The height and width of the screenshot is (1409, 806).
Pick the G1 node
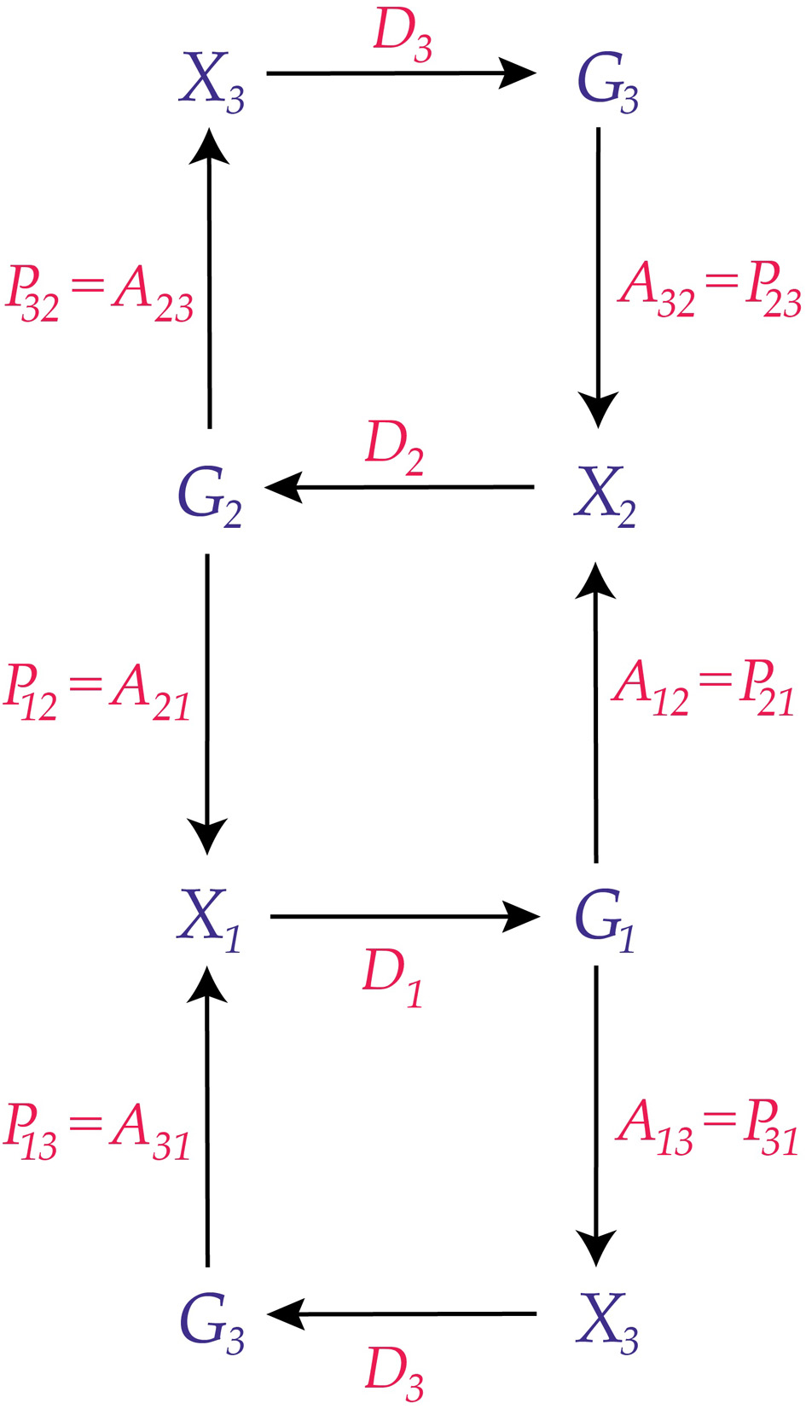point(605,920)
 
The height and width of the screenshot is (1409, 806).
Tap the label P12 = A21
point(96,696)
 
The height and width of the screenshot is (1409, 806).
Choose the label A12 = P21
point(703,690)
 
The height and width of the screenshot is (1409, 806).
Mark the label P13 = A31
point(96,1134)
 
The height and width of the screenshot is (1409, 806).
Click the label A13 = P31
point(707,1129)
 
